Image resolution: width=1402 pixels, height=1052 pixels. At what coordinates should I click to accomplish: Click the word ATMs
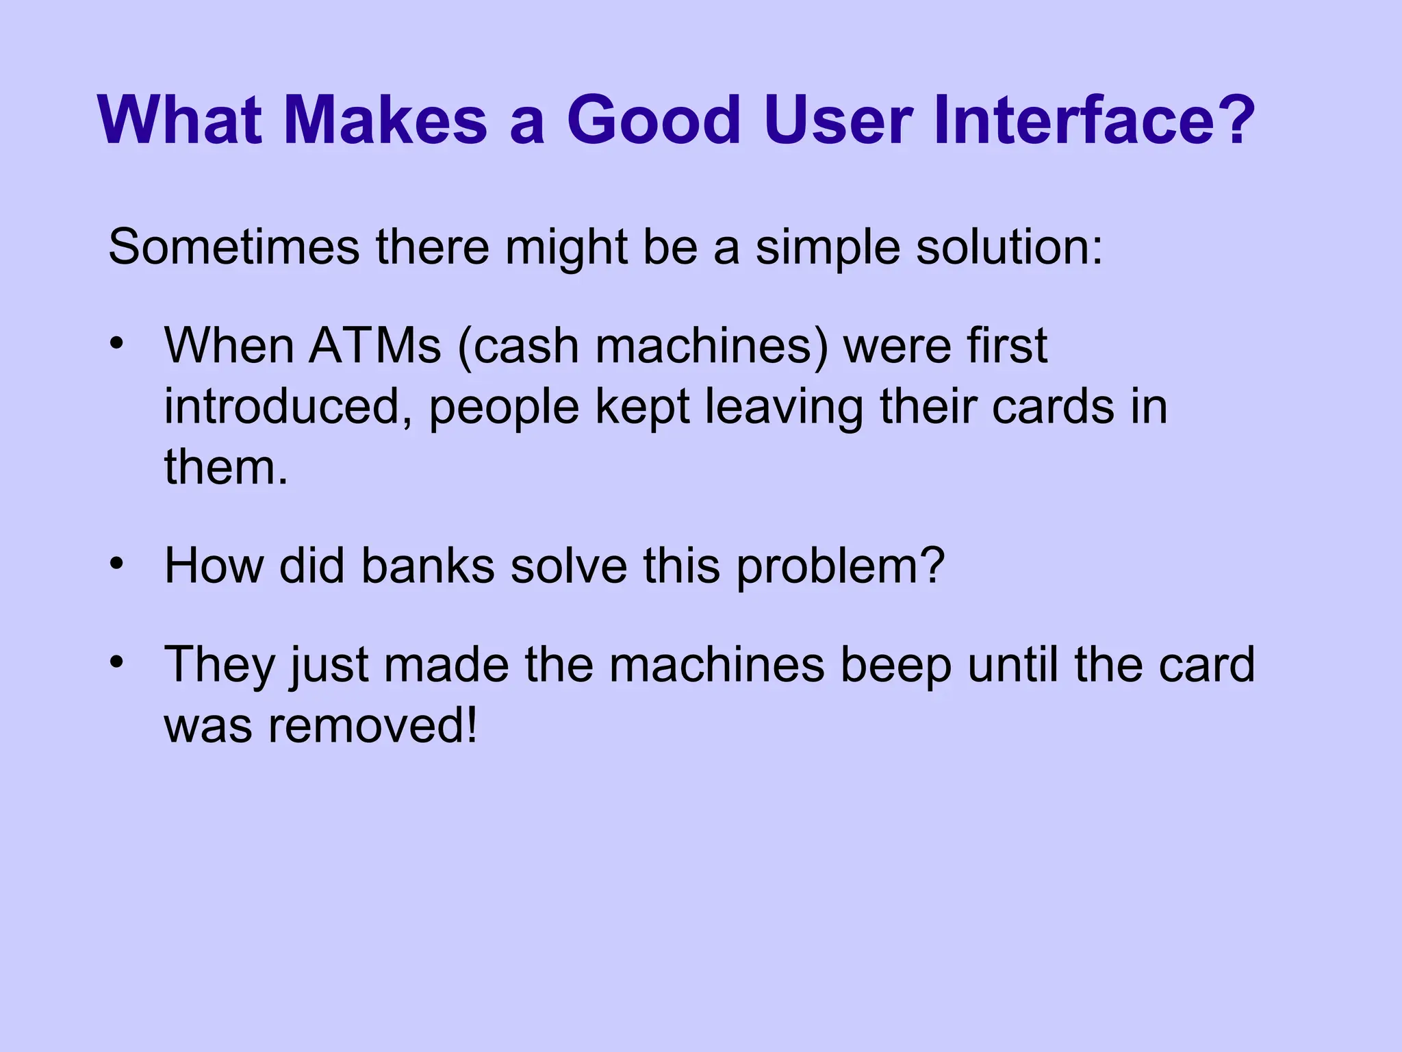[375, 346]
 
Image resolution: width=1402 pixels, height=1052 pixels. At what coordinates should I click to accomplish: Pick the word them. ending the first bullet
[226, 467]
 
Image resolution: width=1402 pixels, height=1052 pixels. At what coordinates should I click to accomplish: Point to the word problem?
[841, 568]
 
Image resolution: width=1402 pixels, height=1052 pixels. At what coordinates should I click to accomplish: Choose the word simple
[828, 248]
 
